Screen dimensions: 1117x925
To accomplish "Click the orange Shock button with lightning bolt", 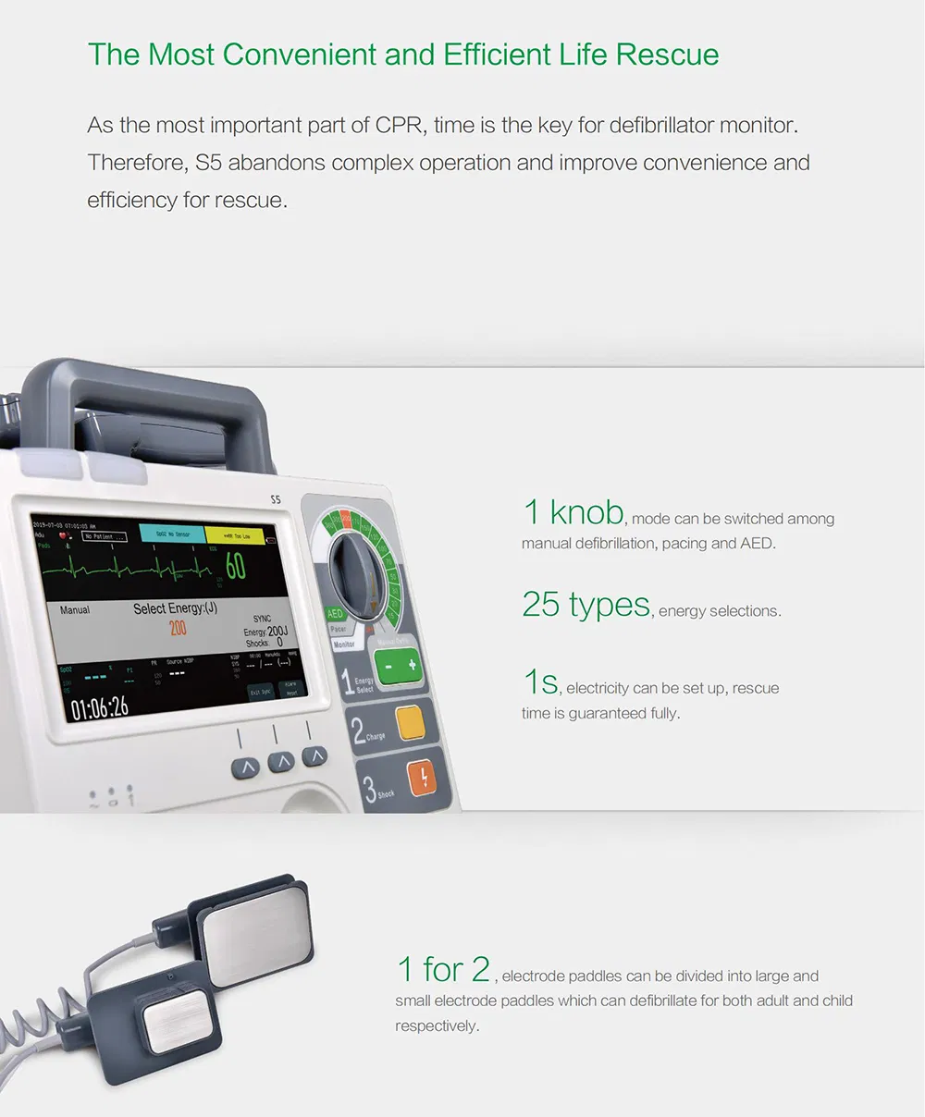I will [x=423, y=778].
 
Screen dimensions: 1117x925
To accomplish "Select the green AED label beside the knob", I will [x=335, y=613].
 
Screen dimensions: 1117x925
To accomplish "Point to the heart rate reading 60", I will [x=236, y=566].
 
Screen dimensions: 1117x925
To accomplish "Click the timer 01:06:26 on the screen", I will [x=100, y=707].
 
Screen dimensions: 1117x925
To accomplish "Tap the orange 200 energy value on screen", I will [x=178, y=629].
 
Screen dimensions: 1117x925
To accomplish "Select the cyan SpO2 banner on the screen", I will [x=171, y=534].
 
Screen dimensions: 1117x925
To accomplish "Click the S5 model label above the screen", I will [x=275, y=500].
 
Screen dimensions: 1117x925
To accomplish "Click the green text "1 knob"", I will [x=573, y=511].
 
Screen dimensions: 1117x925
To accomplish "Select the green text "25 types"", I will [x=586, y=604].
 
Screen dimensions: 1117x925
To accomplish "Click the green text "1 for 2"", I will [x=443, y=969].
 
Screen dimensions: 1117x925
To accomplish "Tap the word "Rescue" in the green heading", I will [x=667, y=55].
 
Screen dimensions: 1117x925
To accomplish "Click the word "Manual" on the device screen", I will [x=75, y=610].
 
